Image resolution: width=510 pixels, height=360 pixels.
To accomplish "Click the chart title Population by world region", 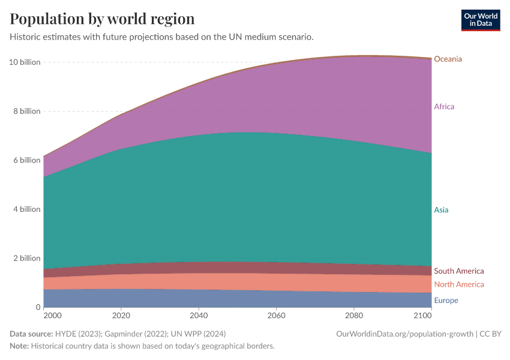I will tap(102, 19).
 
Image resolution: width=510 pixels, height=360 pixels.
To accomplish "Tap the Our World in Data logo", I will tap(480, 20).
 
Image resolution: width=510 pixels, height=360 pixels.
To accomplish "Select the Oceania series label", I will tap(448, 59).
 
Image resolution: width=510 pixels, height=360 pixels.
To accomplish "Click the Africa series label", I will tap(444, 107).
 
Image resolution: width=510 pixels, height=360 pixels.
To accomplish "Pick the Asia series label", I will tap(441, 210).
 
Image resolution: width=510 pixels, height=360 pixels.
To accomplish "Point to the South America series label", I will tap(458, 271).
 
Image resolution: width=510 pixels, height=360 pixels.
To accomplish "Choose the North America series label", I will tap(458, 284).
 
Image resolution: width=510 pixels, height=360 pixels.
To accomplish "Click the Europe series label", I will tap(446, 301).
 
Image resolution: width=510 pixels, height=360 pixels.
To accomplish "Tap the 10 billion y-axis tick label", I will tap(25, 62).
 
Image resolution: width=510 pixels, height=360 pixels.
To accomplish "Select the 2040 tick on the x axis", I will tap(199, 315).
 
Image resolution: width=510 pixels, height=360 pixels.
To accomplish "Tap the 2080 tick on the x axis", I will tap(353, 315).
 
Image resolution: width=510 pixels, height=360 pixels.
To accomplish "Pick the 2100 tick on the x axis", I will tap(423, 315).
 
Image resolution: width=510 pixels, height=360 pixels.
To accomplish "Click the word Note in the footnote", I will tap(19, 346).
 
